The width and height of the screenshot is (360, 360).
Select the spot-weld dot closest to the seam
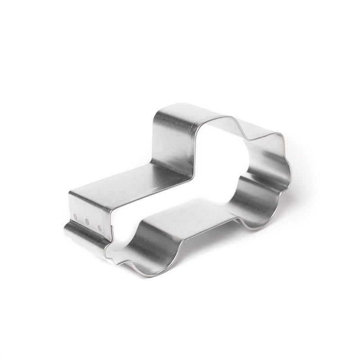(98, 226)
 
